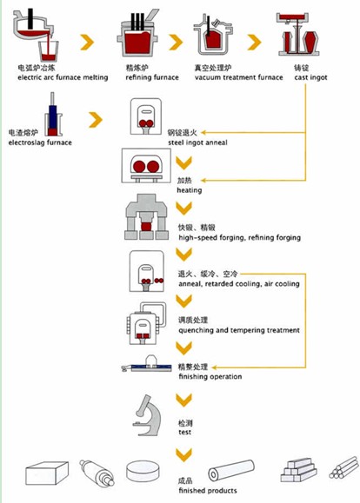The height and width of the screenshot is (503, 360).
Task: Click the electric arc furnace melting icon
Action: pyautogui.click(x=36, y=36)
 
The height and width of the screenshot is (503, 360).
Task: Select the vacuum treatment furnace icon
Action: pyautogui.click(x=212, y=36)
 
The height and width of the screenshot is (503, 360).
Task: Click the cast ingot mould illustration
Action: pyautogui.click(x=298, y=35)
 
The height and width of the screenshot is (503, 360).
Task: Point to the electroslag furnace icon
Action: pyautogui.click(x=53, y=115)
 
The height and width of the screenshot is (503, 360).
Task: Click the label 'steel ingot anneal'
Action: pyautogui.click(x=197, y=142)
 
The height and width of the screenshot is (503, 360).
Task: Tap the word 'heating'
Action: pyautogui.click(x=190, y=190)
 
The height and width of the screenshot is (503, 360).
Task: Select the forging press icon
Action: pyautogui.click(x=146, y=217)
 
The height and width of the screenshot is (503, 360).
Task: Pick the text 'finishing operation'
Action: pyautogui.click(x=210, y=377)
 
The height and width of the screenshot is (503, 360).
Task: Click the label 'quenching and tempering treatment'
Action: pyautogui.click(x=239, y=330)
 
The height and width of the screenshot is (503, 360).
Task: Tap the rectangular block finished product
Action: pyautogui.click(x=47, y=473)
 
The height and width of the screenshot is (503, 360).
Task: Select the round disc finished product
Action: pyautogui.click(x=143, y=472)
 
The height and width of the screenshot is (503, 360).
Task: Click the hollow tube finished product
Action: pyautogui.click(x=231, y=470)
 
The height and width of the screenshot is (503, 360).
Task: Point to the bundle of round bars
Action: pyautogui.click(x=343, y=467)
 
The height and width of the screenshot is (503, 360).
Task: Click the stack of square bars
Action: pyautogui.click(x=299, y=470)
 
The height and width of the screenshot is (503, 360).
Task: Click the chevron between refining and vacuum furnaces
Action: pyautogui.click(x=176, y=42)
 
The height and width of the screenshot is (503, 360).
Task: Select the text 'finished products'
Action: pyautogui.click(x=208, y=491)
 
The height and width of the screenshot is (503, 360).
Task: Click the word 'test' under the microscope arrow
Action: pyautogui.click(x=184, y=432)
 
